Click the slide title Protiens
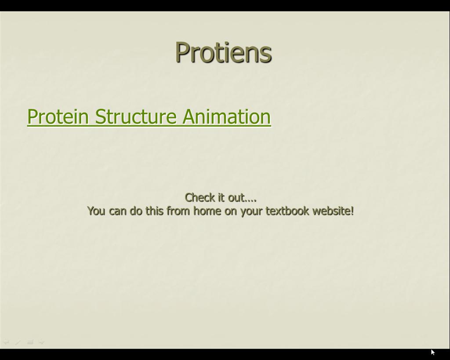[x=224, y=52]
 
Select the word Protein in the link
[x=58, y=116]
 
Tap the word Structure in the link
[x=135, y=116]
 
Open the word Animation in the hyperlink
[x=226, y=116]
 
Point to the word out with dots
[x=242, y=197]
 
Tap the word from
[x=178, y=211]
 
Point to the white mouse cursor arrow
[x=433, y=352]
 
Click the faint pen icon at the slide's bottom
[x=18, y=342]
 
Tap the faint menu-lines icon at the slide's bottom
[x=30, y=342]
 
